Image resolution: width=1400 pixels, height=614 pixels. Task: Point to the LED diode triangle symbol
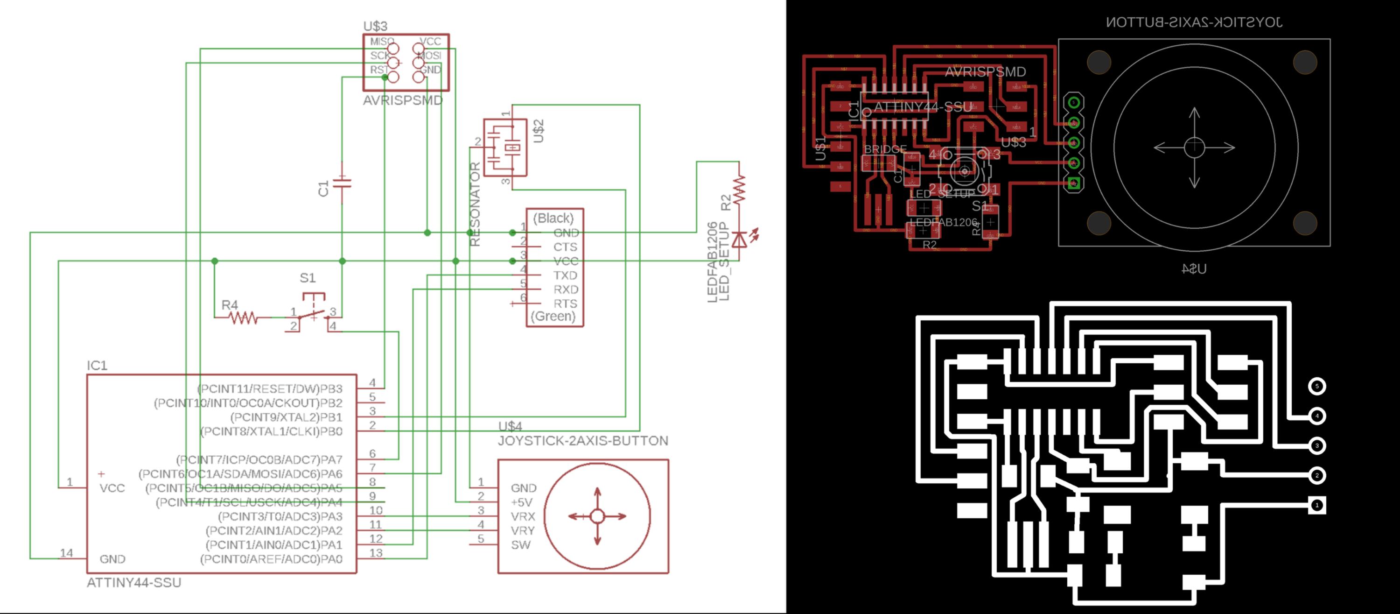[739, 239]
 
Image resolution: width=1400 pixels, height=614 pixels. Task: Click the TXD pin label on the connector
[565, 275]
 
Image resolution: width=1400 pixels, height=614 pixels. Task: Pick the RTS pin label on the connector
[565, 303]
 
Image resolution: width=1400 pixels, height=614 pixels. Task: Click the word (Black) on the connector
[553, 218]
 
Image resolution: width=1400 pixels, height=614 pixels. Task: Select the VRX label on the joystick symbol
[523, 516]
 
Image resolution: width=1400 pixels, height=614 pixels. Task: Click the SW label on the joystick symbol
[520, 545]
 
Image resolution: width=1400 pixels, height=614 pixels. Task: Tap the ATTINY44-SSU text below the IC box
[133, 582]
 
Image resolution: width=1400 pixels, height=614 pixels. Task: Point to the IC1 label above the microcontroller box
[97, 366]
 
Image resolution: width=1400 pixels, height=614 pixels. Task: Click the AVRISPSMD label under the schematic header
[403, 100]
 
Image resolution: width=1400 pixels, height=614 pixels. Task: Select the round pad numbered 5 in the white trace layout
[1317, 386]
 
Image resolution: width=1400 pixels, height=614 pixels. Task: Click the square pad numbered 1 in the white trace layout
[1317, 505]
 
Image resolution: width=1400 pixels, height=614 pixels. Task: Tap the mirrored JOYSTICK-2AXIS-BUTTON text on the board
[1194, 22]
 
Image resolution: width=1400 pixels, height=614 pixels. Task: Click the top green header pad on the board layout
[1073, 102]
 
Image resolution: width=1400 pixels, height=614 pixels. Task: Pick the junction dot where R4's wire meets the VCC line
[215, 261]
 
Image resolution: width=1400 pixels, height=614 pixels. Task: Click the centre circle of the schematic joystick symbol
[597, 516]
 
